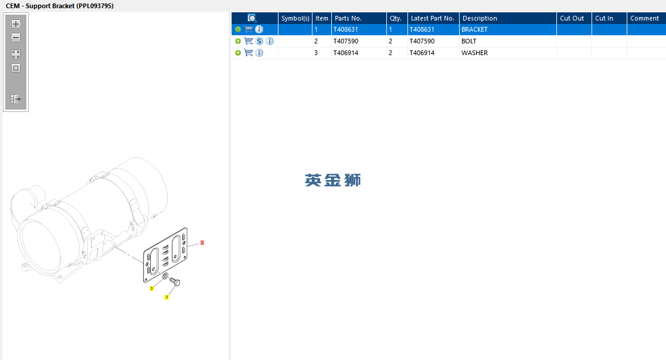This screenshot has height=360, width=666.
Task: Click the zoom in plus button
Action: pyautogui.click(x=16, y=24)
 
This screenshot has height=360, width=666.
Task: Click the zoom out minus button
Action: pyautogui.click(x=16, y=38)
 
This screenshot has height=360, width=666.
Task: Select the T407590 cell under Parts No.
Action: pyautogui.click(x=359, y=41)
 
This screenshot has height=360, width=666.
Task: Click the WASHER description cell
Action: pyautogui.click(x=508, y=53)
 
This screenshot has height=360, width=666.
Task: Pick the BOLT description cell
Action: pyautogui.click(x=508, y=41)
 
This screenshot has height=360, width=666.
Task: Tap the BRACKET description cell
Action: pyautogui.click(x=508, y=29)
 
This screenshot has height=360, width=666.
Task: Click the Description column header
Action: pyautogui.click(x=508, y=18)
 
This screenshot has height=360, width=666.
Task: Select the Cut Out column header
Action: pyautogui.click(x=574, y=18)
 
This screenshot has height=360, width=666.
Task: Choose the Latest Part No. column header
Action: pyautogui.click(x=433, y=18)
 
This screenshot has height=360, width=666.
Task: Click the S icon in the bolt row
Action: pyautogui.click(x=259, y=41)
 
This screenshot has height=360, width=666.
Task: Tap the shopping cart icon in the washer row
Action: pyautogui.click(x=249, y=53)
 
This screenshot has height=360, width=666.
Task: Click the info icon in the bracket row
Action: pyautogui.click(x=259, y=29)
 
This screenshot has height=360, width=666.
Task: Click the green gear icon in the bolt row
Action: pyautogui.click(x=238, y=41)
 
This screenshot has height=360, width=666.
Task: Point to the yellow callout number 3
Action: pyautogui.click(x=151, y=288)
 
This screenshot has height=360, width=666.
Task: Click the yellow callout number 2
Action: pyautogui.click(x=167, y=297)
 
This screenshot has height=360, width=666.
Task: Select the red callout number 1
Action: pyautogui.click(x=202, y=243)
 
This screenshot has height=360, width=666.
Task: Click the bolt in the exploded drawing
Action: pyautogui.click(x=175, y=281)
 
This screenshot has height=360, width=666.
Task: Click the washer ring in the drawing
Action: pyautogui.click(x=165, y=276)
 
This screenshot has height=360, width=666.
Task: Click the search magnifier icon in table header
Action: pyautogui.click(x=252, y=18)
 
